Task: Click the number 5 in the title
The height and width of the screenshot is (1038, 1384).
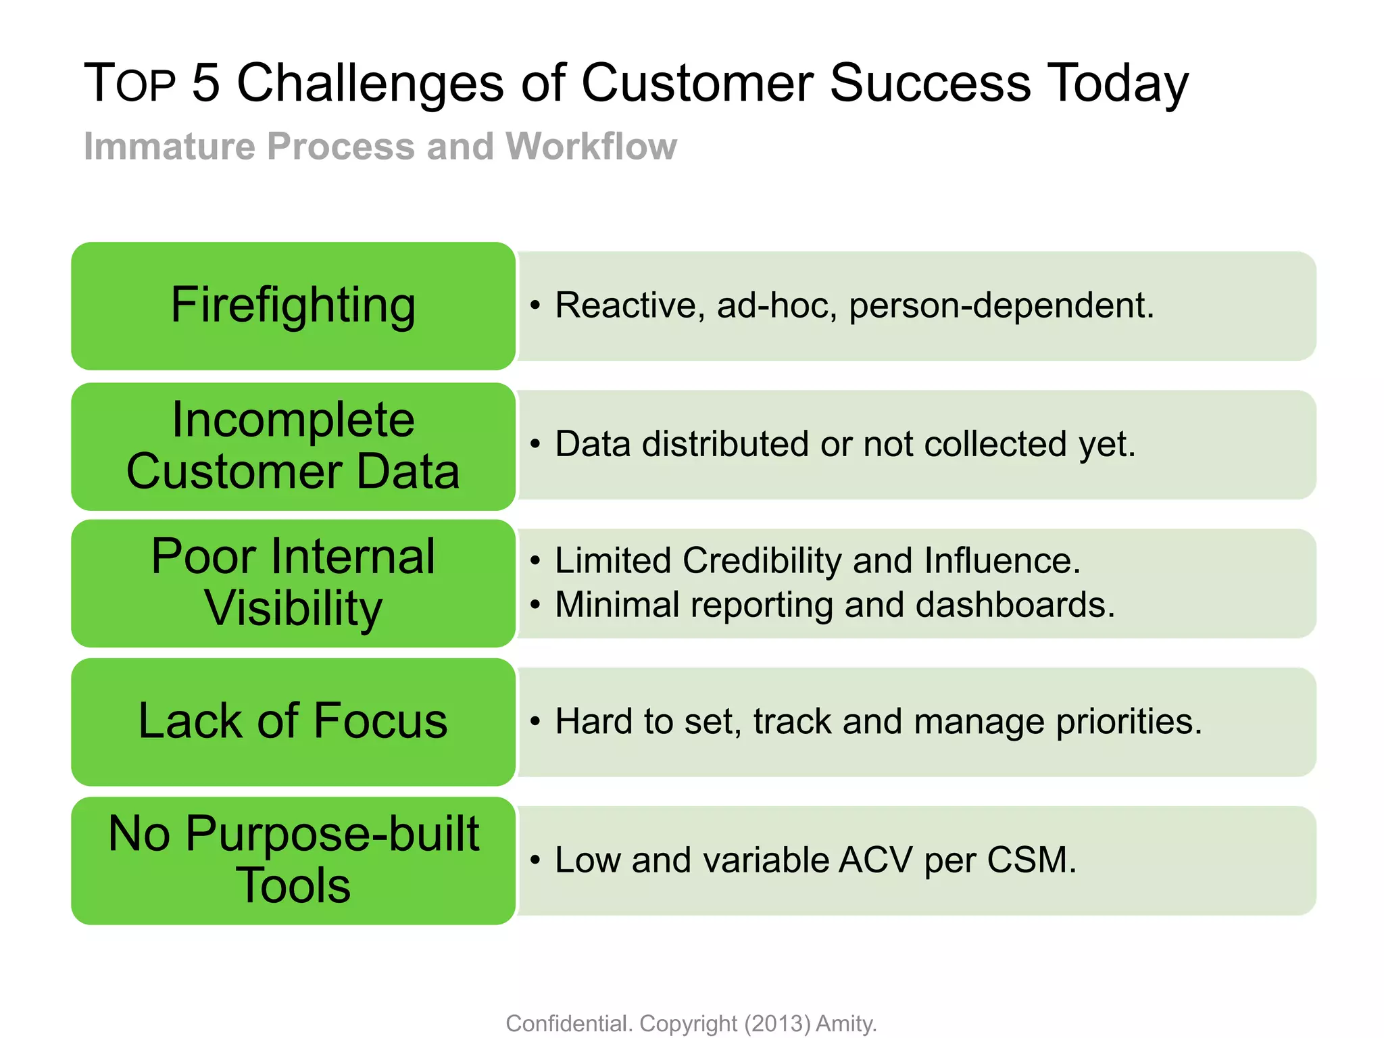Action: click(206, 83)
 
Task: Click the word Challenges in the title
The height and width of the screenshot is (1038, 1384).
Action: click(370, 83)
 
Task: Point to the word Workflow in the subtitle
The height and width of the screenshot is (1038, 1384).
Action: click(591, 146)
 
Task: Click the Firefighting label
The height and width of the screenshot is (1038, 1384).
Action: click(293, 305)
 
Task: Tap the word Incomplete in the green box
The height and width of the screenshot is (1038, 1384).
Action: click(293, 420)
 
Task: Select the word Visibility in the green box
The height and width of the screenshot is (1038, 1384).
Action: click(293, 608)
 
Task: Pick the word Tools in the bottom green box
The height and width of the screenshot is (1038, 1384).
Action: click(293, 885)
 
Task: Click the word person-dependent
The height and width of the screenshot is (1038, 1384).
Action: click(1001, 305)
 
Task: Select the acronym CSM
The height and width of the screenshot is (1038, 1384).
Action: click(1031, 860)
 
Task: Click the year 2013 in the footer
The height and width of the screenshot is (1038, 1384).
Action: click(777, 1024)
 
